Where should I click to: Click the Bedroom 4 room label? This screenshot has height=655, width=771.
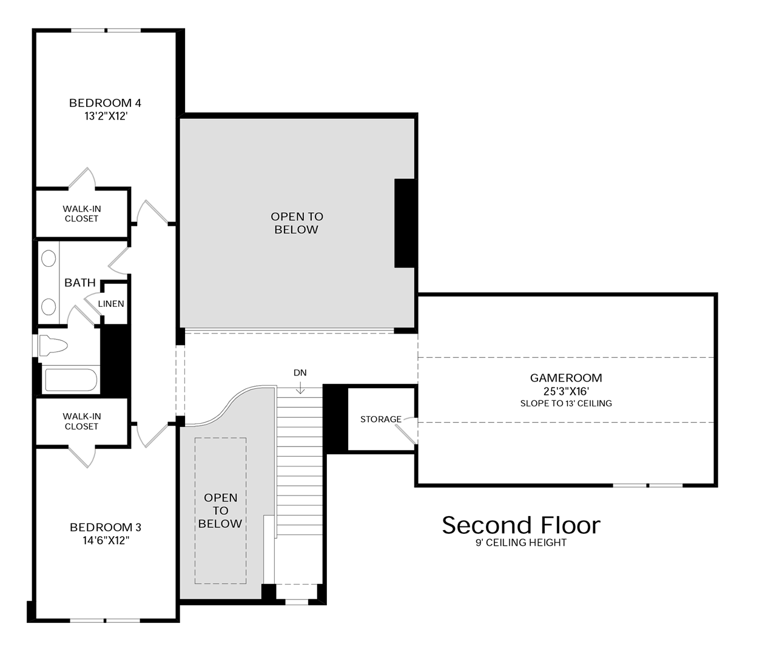(105, 103)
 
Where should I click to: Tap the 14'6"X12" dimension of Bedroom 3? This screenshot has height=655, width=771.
(106, 540)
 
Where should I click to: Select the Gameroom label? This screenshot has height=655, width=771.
(566, 378)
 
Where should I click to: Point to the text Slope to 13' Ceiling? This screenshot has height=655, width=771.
(566, 403)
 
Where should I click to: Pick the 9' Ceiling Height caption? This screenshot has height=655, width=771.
(521, 542)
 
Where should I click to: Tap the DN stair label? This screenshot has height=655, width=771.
(300, 372)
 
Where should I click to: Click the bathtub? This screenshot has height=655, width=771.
(71, 380)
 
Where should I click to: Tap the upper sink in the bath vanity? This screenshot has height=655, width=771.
(49, 258)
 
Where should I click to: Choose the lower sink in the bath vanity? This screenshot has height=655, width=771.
(49, 307)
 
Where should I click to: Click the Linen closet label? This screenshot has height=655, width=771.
(111, 304)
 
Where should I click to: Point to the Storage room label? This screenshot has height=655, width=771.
(381, 419)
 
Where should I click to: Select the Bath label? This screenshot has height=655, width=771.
(80, 283)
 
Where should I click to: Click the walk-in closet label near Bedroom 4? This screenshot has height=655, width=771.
(82, 213)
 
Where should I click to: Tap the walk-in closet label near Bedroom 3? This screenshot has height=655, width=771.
(82, 421)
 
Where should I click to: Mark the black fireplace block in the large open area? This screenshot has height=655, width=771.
(405, 223)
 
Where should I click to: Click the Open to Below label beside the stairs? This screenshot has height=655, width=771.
(220, 510)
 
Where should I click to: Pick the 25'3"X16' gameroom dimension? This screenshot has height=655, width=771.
(566, 391)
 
